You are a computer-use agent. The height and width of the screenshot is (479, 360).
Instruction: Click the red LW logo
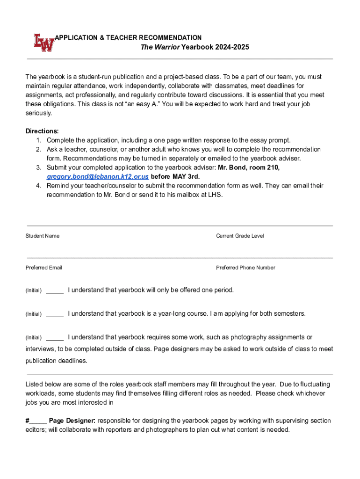(x=43, y=43)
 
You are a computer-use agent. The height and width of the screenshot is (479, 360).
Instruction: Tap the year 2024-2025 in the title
(x=232, y=47)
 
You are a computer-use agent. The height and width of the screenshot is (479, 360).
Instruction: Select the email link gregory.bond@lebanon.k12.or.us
(x=98, y=176)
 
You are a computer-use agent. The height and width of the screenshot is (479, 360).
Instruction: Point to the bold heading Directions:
(x=42, y=131)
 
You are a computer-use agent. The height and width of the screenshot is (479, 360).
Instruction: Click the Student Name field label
(x=43, y=236)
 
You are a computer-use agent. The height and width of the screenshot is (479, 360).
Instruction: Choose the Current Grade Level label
(x=240, y=236)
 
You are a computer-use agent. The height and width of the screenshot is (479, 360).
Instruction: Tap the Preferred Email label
(x=43, y=268)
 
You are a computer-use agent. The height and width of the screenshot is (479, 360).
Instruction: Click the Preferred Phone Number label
(x=245, y=268)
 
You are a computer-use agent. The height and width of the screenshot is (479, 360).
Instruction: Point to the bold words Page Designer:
(x=72, y=421)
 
